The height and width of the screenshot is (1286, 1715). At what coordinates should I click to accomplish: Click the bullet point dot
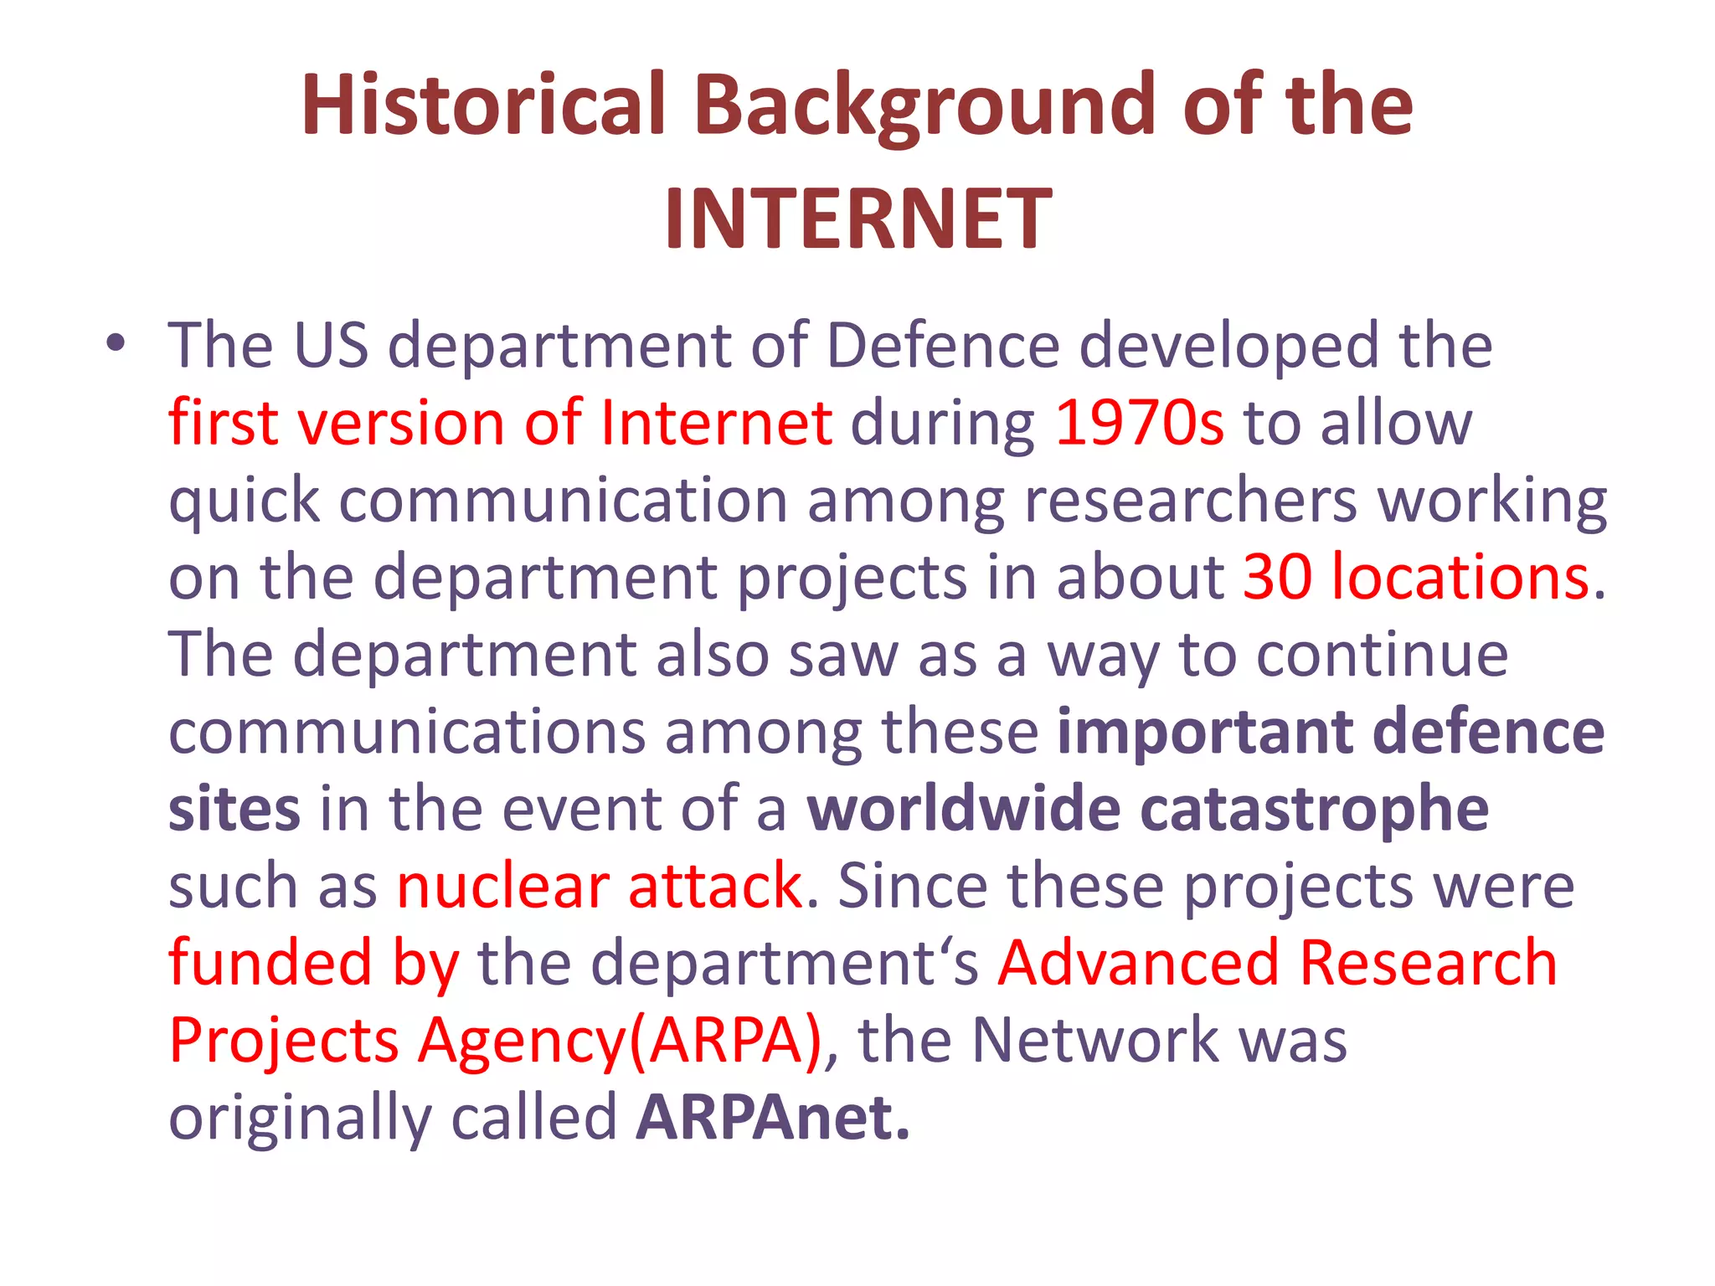[115, 342]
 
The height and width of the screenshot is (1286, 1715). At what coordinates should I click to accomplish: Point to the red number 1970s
[1139, 422]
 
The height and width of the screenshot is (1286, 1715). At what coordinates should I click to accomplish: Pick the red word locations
[1460, 577]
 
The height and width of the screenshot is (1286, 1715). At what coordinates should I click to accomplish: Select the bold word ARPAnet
[772, 1117]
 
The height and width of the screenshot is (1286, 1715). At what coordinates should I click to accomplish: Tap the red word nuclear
[503, 886]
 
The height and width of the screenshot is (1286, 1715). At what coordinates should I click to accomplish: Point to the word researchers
[1190, 500]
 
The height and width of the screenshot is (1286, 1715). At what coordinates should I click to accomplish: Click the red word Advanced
[1138, 963]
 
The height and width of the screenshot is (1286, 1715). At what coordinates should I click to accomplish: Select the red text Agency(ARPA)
[621, 1041]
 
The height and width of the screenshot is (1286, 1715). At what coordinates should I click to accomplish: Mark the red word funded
[270, 963]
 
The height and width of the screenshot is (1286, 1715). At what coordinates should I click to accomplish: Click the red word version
[402, 422]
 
